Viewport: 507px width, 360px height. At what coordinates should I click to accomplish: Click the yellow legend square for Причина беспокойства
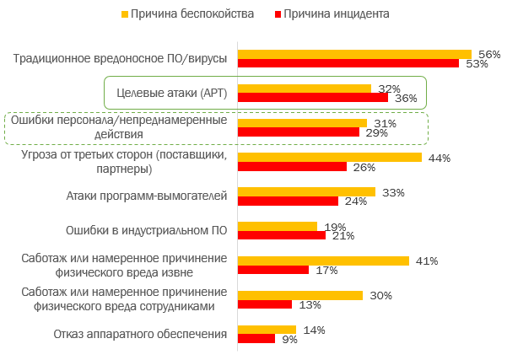tap(126, 14)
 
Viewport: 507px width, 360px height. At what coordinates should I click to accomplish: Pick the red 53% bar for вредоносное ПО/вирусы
tap(348, 63)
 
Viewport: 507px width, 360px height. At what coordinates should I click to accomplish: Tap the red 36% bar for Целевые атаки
tap(313, 98)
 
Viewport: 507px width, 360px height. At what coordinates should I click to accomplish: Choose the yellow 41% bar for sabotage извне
tap(323, 261)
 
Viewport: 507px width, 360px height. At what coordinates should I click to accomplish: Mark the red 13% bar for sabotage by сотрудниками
tap(265, 304)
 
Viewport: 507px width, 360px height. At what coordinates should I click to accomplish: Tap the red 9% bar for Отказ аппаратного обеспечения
tap(256, 339)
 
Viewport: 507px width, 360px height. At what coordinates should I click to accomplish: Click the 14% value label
tap(314, 330)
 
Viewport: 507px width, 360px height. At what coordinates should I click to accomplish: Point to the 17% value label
tap(326, 271)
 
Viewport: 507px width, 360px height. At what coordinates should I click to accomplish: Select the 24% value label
tap(355, 201)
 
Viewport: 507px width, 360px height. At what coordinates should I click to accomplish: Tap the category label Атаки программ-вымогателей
tap(147, 196)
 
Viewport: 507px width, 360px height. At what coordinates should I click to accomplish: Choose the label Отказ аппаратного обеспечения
tap(141, 334)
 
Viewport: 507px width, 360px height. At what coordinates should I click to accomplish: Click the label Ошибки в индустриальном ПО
tap(147, 230)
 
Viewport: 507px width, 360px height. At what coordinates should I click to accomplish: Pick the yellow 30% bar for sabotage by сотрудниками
tap(300, 295)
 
